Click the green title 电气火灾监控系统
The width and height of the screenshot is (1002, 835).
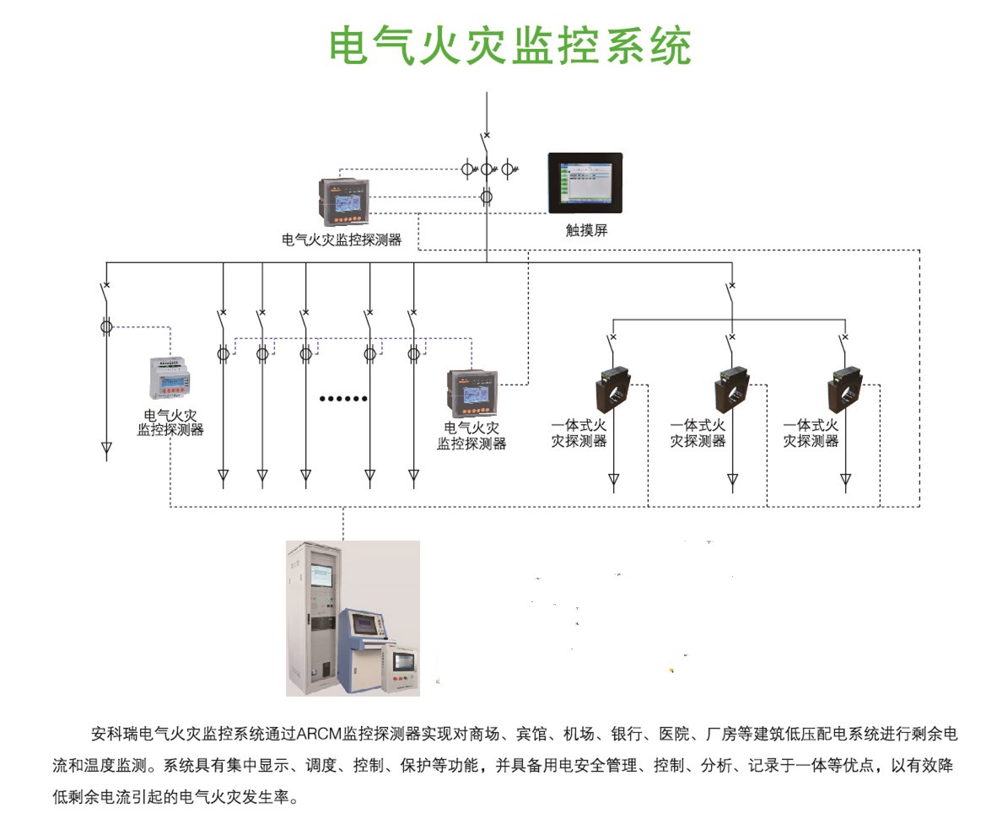pos(510,46)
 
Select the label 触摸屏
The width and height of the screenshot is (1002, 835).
pos(586,230)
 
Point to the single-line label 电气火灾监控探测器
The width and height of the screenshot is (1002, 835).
pos(342,240)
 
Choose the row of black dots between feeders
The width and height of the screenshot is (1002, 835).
pos(342,398)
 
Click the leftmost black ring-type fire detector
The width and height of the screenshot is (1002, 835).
pos(615,386)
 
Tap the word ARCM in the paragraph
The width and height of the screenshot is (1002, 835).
pos(315,734)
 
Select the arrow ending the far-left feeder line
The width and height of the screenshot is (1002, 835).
pos(106,449)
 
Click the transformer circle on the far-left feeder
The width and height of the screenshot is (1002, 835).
pos(106,325)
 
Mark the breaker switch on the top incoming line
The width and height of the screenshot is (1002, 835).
pos(486,140)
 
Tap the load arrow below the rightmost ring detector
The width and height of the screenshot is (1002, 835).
pos(846,481)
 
